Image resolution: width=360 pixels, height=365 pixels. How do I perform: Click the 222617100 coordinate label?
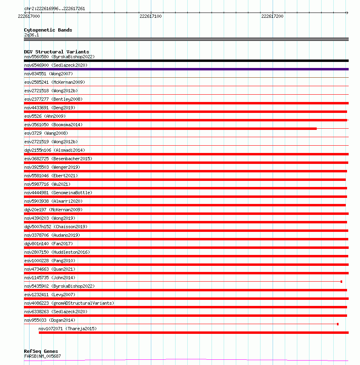[150, 17]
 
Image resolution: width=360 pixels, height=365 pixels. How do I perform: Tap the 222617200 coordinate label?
[272, 17]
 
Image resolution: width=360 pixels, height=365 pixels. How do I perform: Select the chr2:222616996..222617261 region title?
[55, 8]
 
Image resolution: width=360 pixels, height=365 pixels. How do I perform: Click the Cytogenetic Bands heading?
[48, 30]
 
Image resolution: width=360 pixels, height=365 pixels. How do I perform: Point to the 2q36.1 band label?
[32, 35]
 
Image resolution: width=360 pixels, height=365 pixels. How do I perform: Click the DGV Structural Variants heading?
[56, 52]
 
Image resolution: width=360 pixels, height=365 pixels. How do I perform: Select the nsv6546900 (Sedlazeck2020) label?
[55, 65]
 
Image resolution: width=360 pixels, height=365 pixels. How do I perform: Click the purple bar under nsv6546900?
[186, 69]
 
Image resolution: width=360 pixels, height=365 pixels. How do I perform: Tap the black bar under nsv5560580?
[186, 61]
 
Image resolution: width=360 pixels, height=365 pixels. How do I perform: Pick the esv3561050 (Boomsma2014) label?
[53, 125]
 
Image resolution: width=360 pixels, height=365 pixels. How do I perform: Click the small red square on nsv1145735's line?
[341, 282]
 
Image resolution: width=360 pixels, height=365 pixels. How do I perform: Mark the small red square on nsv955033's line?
[338, 324]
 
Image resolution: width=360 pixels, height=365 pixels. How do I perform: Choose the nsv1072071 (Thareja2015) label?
[68, 329]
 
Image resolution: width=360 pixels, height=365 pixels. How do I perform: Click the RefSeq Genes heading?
[41, 351]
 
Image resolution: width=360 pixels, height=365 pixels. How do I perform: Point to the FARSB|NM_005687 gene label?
[42, 356]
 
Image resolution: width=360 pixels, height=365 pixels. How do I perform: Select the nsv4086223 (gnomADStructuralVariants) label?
[69, 303]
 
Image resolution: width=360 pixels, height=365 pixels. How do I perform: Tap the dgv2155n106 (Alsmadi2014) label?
[55, 150]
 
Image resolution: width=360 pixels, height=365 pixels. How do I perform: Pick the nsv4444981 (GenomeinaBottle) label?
[58, 193]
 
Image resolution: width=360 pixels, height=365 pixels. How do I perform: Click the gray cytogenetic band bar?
[186, 39]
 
